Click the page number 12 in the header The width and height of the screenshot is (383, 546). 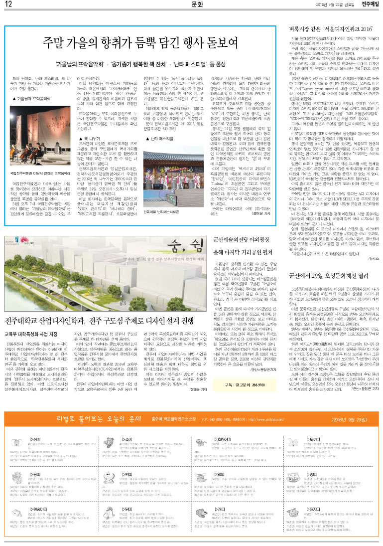pyautogui.click(x=8, y=4)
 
